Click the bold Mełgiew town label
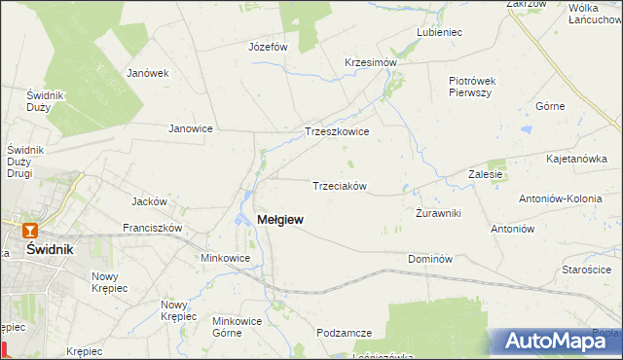278,220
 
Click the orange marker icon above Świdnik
30,231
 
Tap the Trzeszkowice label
337,131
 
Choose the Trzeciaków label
338,186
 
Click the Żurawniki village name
438,213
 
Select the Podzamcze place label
344,333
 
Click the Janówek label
148,73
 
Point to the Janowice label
191,128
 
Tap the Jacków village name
150,202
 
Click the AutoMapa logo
558,341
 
